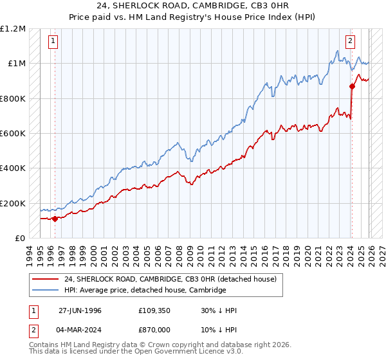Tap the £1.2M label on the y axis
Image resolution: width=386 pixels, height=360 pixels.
(x=13, y=29)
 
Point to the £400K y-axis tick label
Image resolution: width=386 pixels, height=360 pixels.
(x=12, y=168)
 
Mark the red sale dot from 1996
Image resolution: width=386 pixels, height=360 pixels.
(x=55, y=219)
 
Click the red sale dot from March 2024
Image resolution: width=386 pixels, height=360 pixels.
(x=352, y=86)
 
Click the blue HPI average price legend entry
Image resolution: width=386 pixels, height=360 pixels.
(x=145, y=291)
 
